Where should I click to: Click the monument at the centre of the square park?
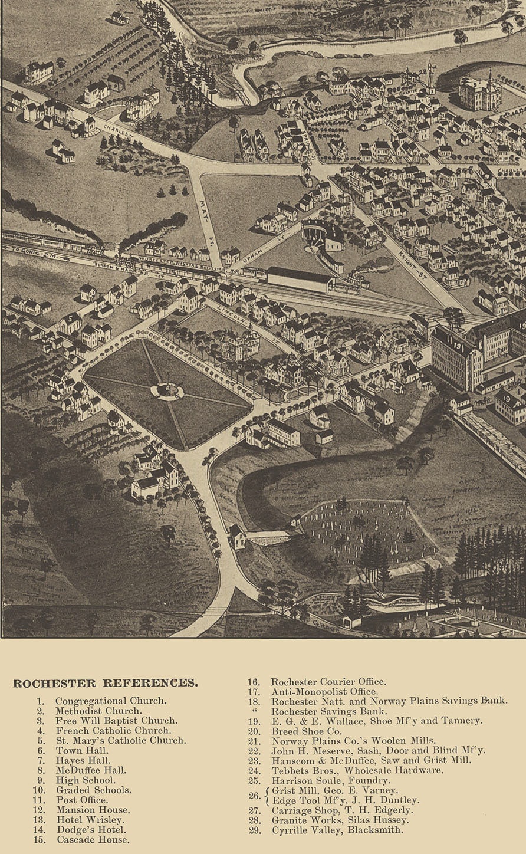click(167, 390)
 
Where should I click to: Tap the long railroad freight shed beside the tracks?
click(300, 279)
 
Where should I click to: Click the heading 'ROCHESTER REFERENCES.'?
click(106, 684)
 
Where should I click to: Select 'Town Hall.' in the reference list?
click(82, 750)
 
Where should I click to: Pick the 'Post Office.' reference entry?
click(82, 800)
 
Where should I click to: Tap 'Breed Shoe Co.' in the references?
click(306, 731)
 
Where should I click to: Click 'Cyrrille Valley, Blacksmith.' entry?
click(337, 830)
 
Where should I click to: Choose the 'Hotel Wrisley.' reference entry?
click(90, 820)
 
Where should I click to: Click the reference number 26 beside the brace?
click(254, 795)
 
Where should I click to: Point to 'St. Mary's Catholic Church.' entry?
click(120, 740)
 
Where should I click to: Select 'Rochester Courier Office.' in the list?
click(328, 682)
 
